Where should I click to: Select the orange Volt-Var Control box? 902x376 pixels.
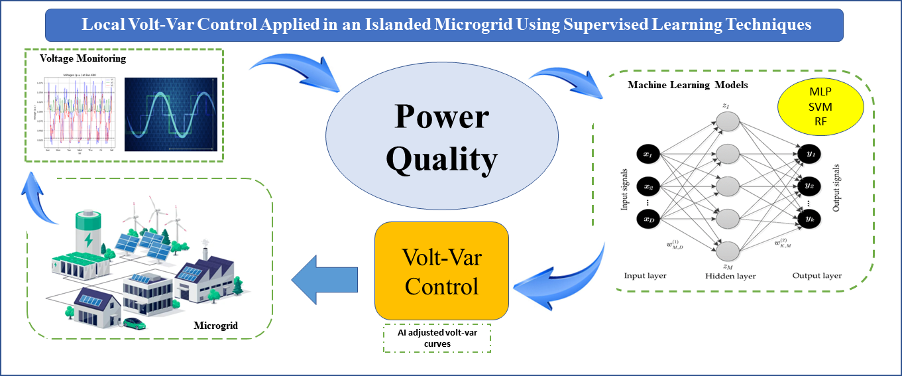tap(441, 271)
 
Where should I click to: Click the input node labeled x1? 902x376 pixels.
tap(648, 154)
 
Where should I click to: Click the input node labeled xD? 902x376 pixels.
tap(648, 218)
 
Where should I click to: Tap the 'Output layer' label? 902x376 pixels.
tap(817, 275)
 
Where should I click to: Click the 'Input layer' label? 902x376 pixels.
tap(645, 275)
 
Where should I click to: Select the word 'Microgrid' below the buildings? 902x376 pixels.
tap(215, 326)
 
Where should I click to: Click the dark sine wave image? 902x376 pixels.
tap(171, 114)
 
